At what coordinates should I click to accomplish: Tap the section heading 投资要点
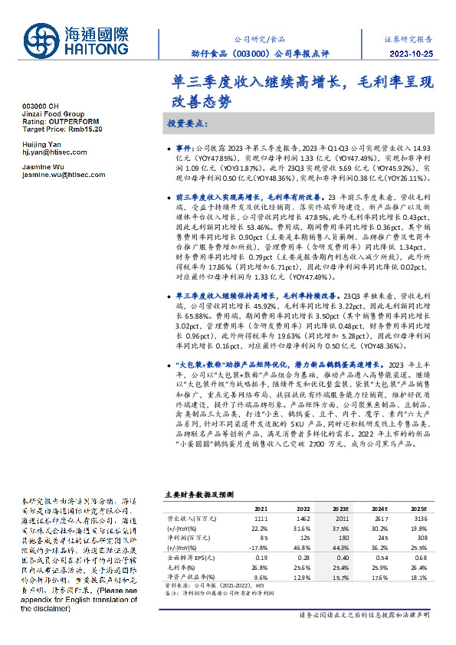186,123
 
